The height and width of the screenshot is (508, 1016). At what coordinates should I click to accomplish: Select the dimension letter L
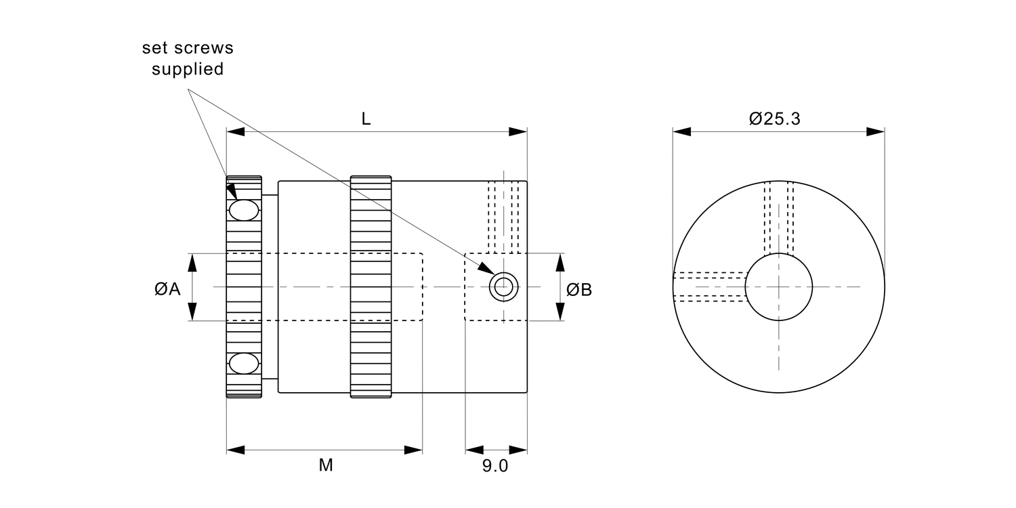(x=366, y=119)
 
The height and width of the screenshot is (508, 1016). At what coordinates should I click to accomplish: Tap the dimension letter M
(x=326, y=465)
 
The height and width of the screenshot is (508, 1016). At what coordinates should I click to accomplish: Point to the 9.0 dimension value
(x=495, y=466)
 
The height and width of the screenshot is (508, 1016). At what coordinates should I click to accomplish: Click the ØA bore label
(x=167, y=289)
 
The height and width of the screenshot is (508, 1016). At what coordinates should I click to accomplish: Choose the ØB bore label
(x=579, y=290)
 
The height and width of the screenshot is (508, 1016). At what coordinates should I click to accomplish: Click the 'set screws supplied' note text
(x=188, y=59)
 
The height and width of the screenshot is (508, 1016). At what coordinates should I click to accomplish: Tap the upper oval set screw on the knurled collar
(x=244, y=210)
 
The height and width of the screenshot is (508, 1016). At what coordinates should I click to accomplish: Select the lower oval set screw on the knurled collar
(x=244, y=364)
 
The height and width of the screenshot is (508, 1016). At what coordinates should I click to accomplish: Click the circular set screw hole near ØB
(x=503, y=287)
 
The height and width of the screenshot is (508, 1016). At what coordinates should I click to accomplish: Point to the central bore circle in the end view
(x=779, y=287)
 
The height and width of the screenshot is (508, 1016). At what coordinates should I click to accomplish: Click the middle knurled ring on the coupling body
(x=371, y=287)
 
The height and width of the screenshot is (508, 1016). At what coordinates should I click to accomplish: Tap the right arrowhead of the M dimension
(x=414, y=450)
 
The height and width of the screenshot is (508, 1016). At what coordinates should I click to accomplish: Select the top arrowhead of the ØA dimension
(x=194, y=261)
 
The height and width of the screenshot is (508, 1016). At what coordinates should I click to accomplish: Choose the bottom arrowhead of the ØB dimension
(x=560, y=312)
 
